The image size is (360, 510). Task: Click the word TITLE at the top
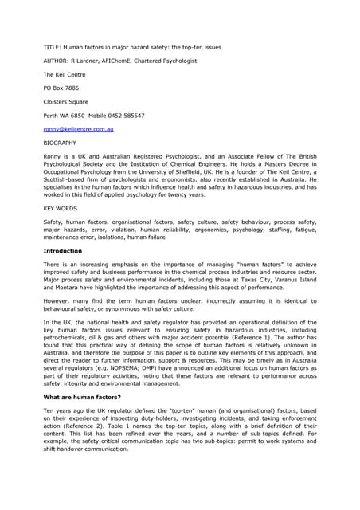pyautogui.click(x=52, y=47)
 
